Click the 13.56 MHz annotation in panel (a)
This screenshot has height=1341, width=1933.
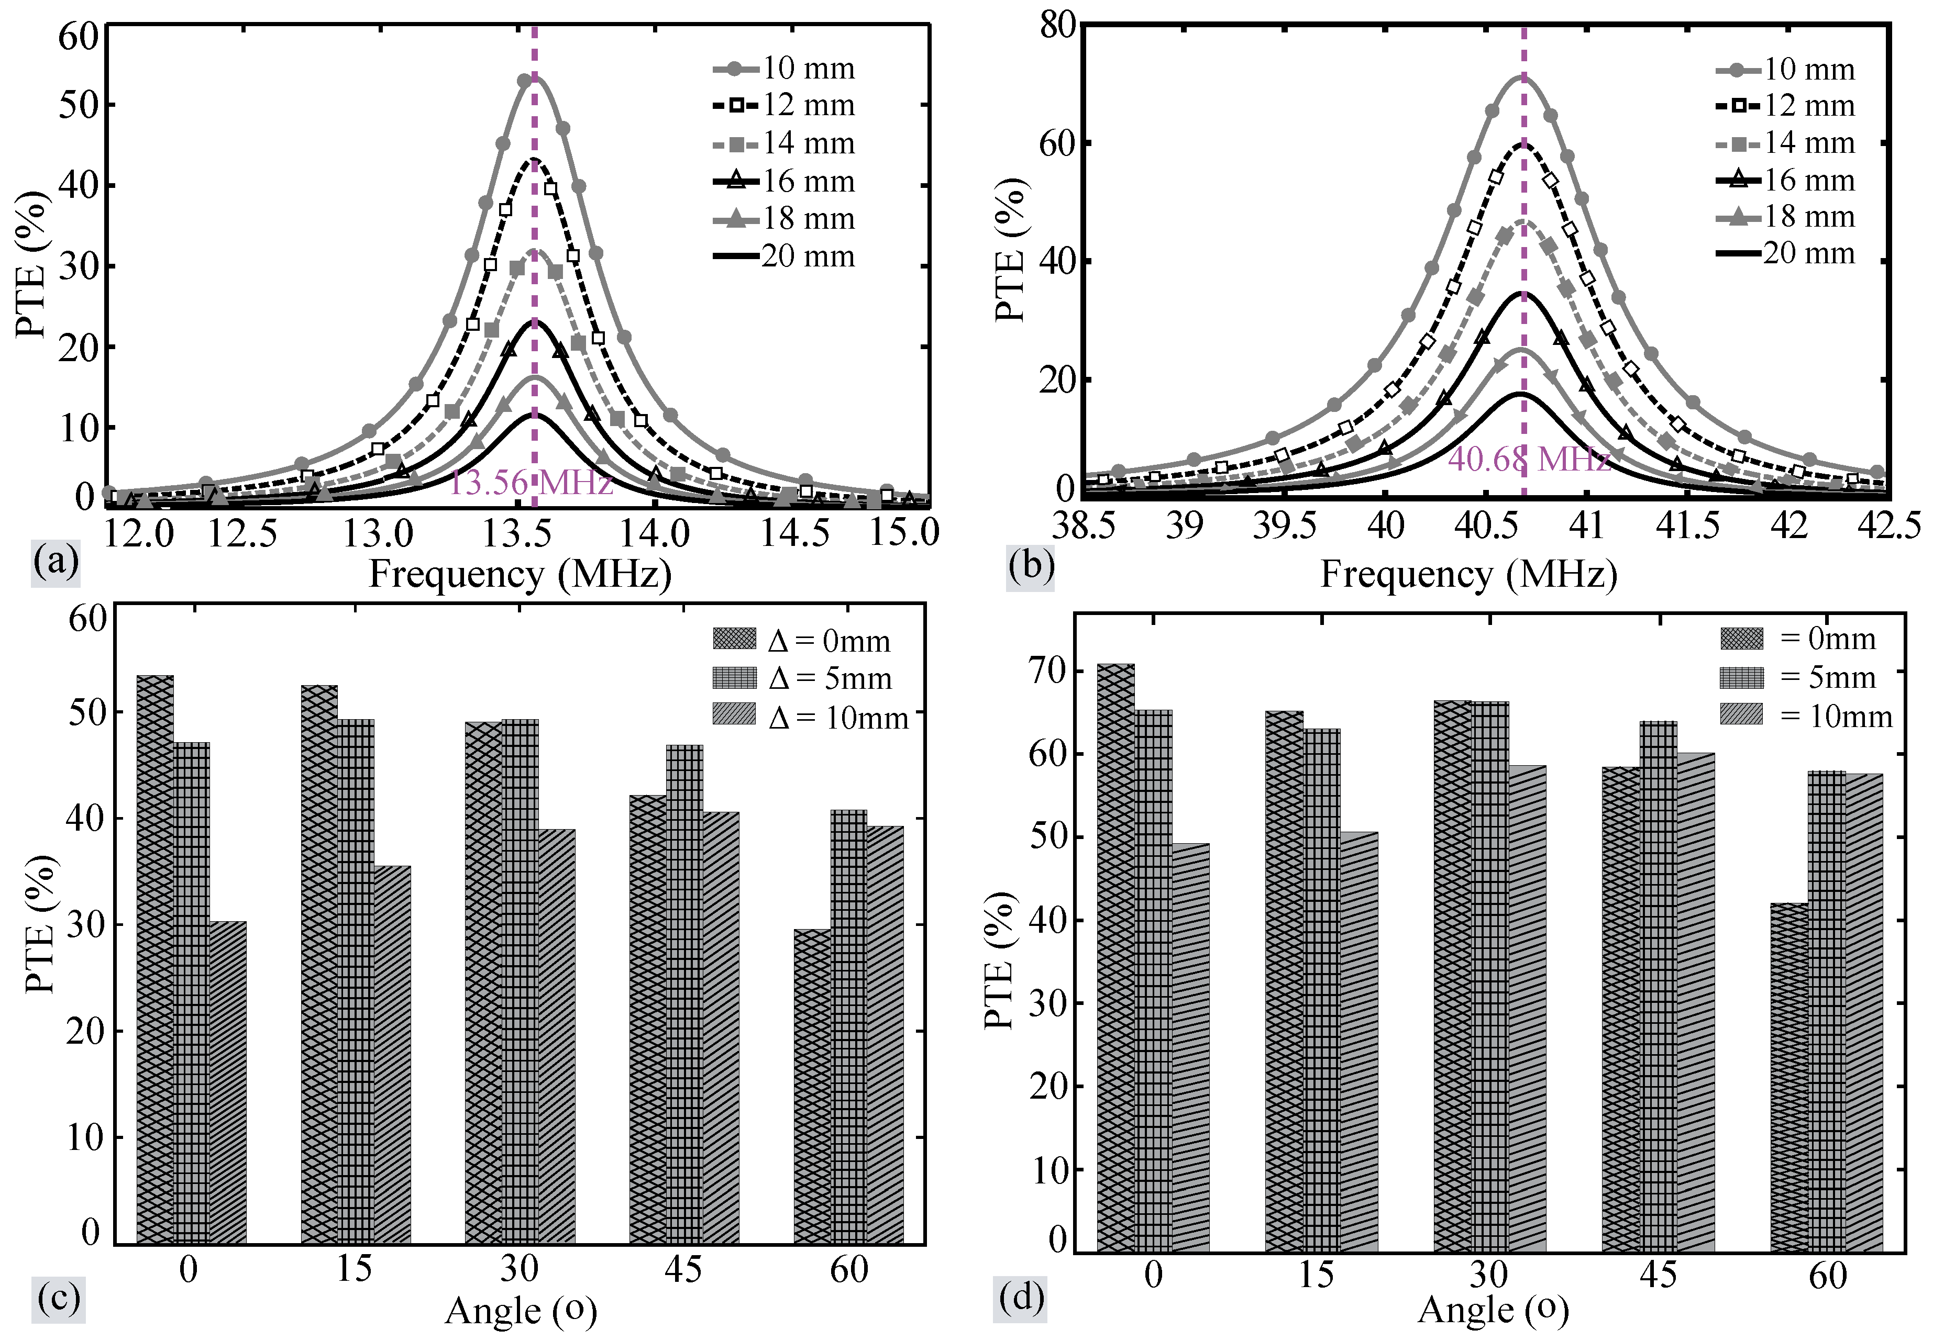531,483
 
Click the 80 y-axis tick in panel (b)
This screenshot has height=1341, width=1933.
1057,25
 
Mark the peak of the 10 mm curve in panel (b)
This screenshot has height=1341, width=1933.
1522,77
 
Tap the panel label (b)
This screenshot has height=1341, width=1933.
1030,566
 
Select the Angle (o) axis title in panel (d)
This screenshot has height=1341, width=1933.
1493,1309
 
